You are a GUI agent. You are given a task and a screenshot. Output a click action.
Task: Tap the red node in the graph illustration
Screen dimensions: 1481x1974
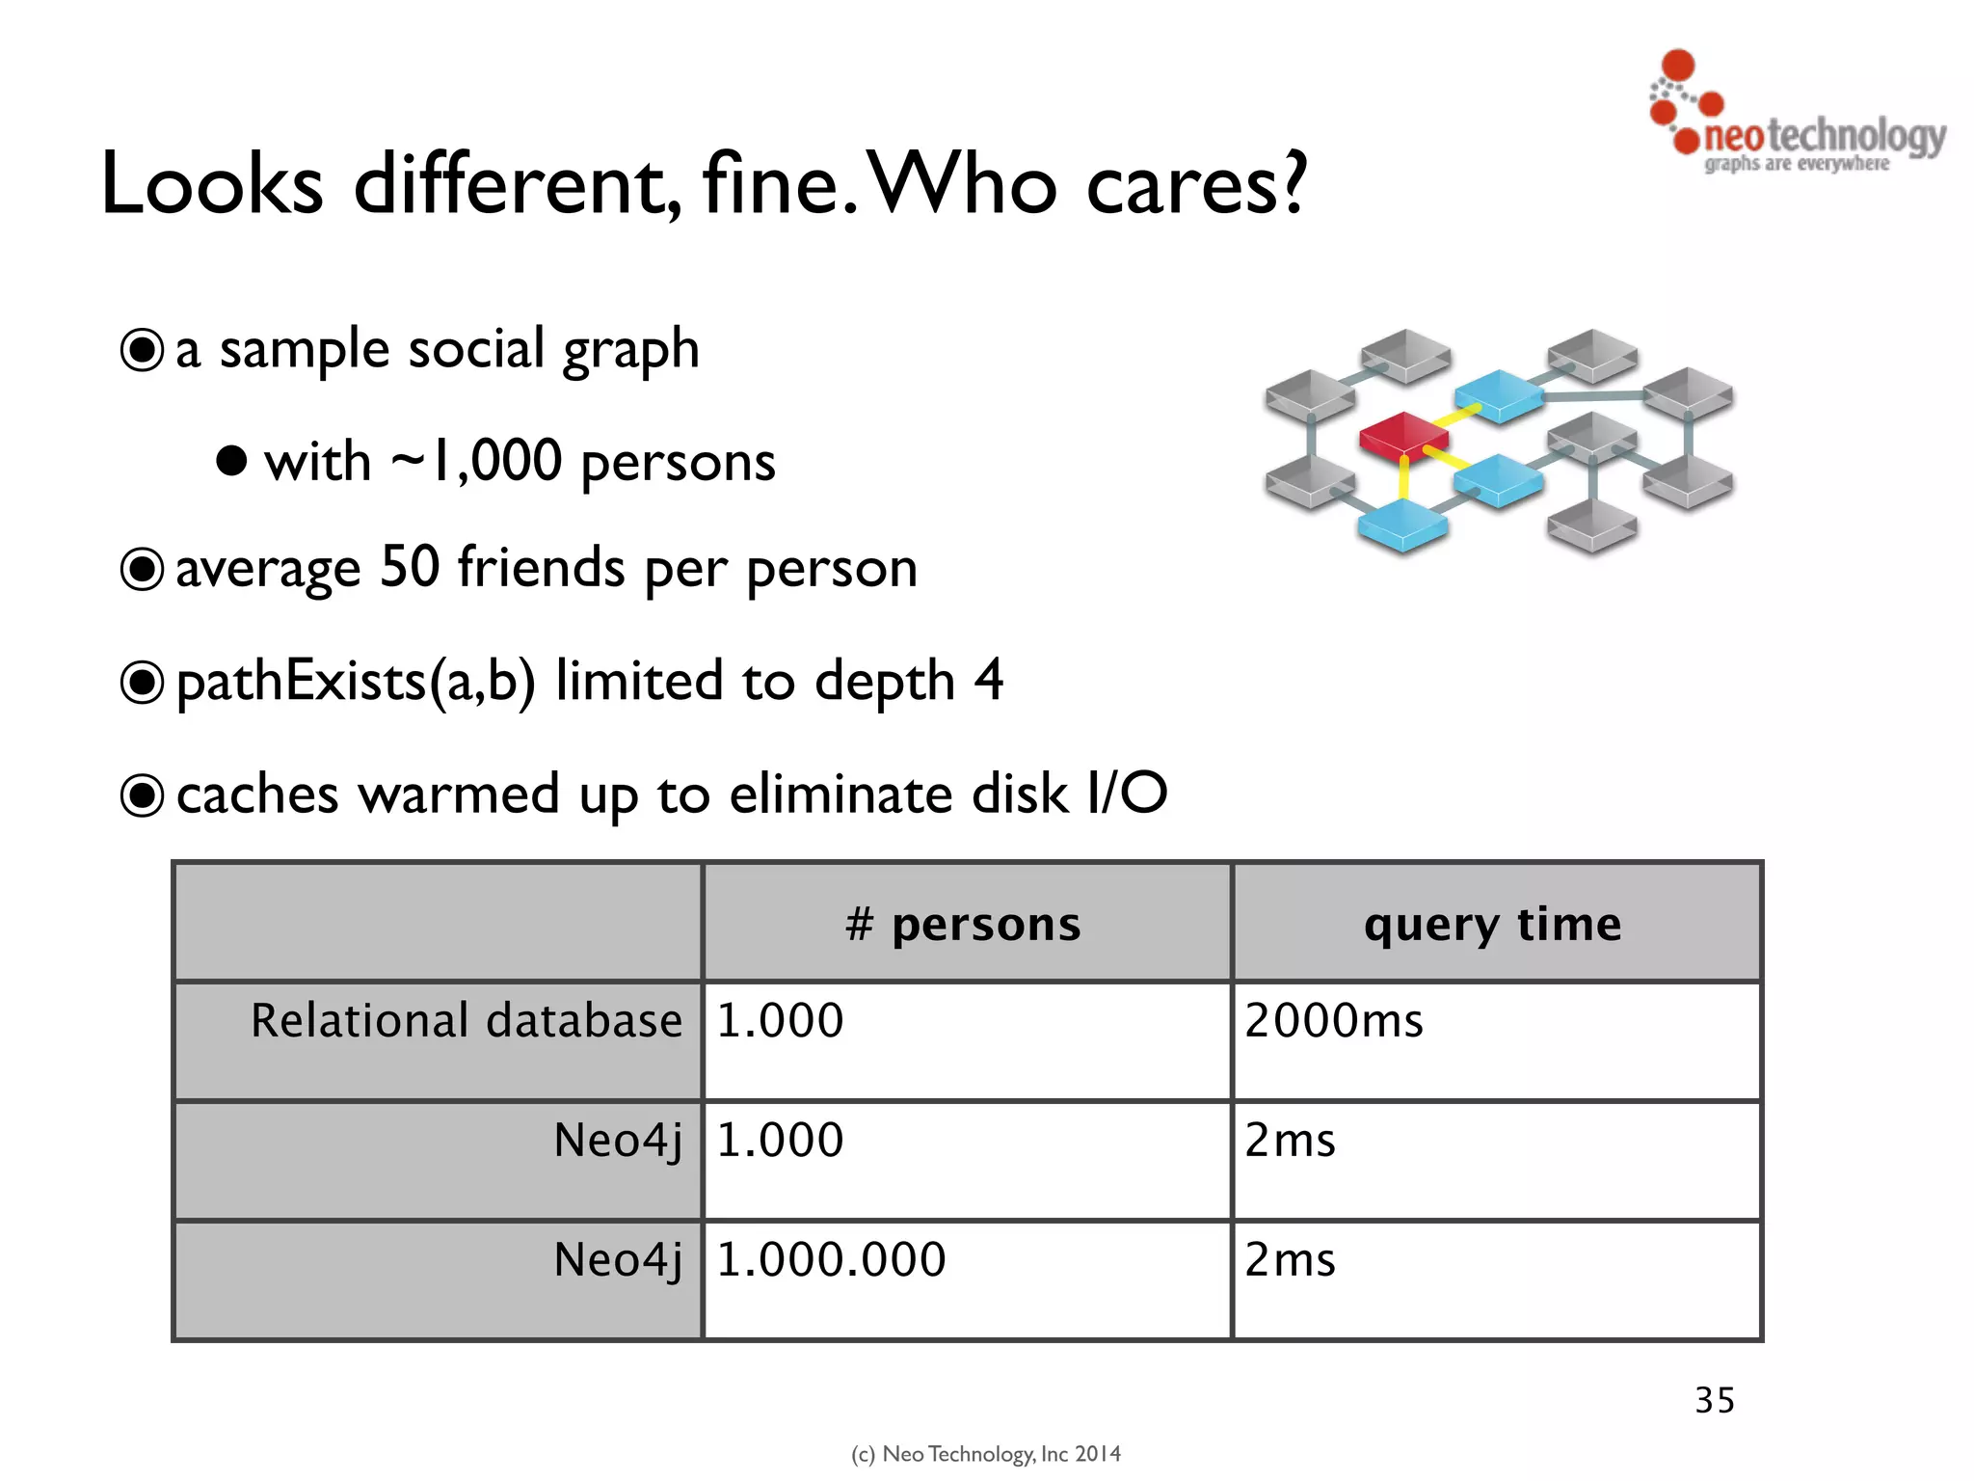pyautogui.click(x=1403, y=434)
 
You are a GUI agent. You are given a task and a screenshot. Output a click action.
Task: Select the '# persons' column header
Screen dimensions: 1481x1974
pyautogui.click(x=964, y=924)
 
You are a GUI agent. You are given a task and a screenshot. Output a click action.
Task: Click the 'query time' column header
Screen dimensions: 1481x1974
pyautogui.click(x=1492, y=924)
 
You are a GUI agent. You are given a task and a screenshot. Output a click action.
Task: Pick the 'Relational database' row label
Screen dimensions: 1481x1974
pyautogui.click(x=467, y=1020)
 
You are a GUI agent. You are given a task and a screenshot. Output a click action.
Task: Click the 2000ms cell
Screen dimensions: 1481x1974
pyautogui.click(x=1333, y=1020)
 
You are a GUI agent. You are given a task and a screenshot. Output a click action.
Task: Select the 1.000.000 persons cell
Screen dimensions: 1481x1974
pyautogui.click(x=831, y=1259)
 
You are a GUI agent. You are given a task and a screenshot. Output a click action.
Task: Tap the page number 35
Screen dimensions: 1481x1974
pyautogui.click(x=1715, y=1400)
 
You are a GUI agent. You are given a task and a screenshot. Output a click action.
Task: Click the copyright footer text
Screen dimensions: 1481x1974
pyautogui.click(x=986, y=1453)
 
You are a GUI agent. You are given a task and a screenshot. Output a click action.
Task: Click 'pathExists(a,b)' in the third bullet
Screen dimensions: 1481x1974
pyautogui.click(x=355, y=682)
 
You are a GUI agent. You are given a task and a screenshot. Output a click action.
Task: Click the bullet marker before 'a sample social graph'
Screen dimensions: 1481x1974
pyautogui.click(x=142, y=350)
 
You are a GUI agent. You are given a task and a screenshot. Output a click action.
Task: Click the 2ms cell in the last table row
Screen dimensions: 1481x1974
pyautogui.click(x=1290, y=1259)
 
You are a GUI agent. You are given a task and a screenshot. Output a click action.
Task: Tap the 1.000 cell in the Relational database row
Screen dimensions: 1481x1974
pyautogui.click(x=780, y=1020)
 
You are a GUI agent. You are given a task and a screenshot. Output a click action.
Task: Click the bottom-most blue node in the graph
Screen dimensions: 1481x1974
pyautogui.click(x=1402, y=526)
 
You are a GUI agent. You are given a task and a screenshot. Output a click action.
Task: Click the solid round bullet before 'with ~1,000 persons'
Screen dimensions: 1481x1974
pyautogui.click(x=231, y=460)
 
